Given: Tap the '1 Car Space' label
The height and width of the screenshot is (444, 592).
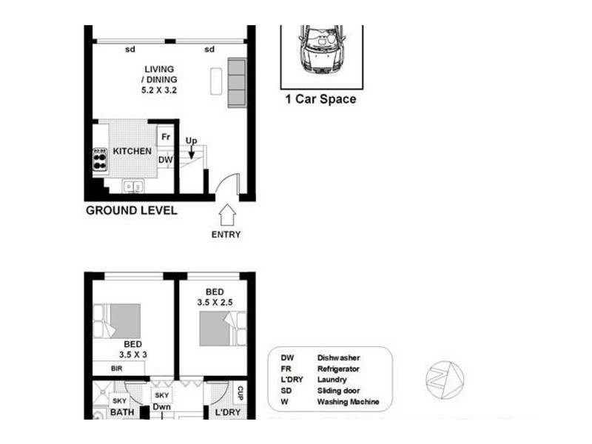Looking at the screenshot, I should pyautogui.click(x=320, y=99).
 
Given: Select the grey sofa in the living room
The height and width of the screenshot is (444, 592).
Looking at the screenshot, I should pyautogui.click(x=236, y=82).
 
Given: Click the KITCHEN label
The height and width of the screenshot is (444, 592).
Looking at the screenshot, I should pyautogui.click(x=132, y=151).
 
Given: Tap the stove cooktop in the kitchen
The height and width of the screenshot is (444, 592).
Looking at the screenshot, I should pyautogui.click(x=100, y=159).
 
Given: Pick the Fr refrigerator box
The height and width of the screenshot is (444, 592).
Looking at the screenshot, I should pyautogui.click(x=166, y=137).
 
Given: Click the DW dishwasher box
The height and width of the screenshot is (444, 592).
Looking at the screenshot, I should pyautogui.click(x=165, y=159).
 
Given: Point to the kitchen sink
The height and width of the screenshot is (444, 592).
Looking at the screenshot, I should pyautogui.click(x=133, y=186).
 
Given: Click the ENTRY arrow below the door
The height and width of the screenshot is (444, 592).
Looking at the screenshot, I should pyautogui.click(x=227, y=215).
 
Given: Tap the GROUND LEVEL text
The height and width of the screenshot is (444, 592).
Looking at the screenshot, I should pyautogui.click(x=132, y=210).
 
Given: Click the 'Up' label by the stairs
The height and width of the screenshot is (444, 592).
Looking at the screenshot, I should pyautogui.click(x=191, y=141).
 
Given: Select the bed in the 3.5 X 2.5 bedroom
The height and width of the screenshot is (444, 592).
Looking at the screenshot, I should pyautogui.click(x=221, y=326).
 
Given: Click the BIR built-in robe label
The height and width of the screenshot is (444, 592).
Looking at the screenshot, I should pyautogui.click(x=116, y=368).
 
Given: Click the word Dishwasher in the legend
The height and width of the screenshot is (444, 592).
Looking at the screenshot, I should pyautogui.click(x=338, y=357).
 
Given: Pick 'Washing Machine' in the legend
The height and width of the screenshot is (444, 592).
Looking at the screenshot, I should pyautogui.click(x=348, y=402).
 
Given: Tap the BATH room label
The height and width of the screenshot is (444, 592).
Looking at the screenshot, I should pyautogui.click(x=122, y=411).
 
